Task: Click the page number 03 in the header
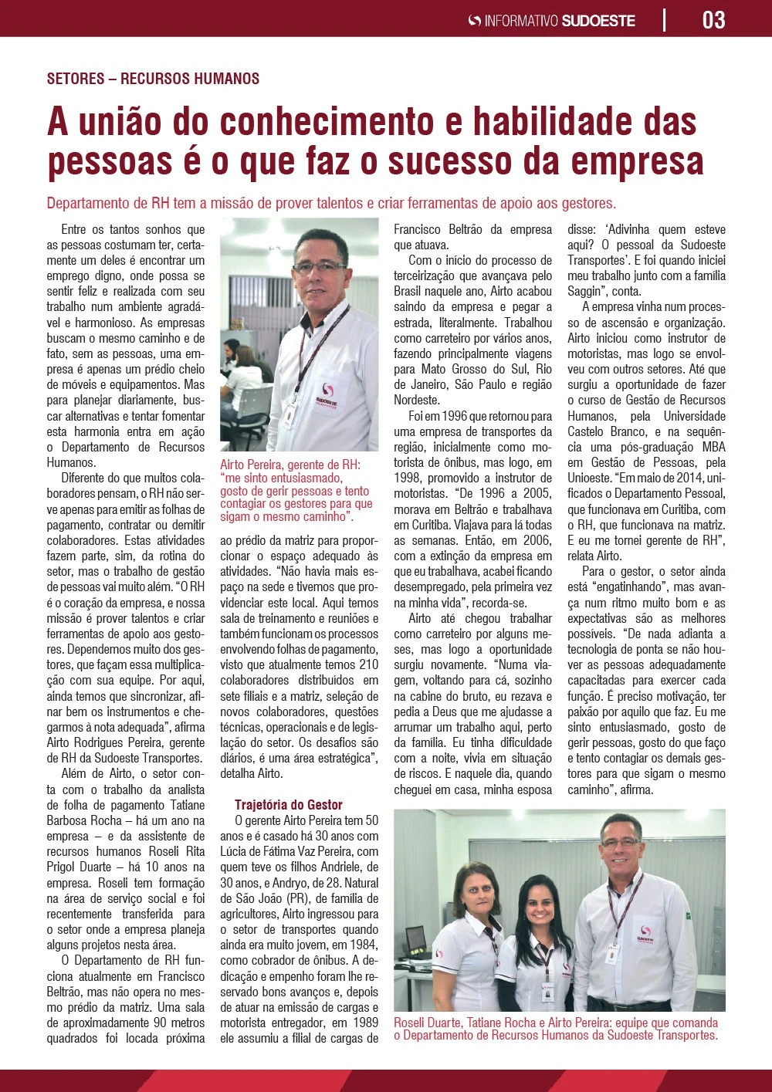(713, 19)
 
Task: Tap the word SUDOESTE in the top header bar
(598, 21)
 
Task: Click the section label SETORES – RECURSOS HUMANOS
(153, 79)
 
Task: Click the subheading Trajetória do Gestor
(289, 804)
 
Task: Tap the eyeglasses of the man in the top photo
(319, 266)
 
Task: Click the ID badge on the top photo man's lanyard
(289, 415)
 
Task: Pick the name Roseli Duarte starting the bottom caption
(428, 1023)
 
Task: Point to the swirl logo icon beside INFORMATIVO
(475, 21)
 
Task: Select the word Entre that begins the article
(73, 229)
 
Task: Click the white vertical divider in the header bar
(665, 19)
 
